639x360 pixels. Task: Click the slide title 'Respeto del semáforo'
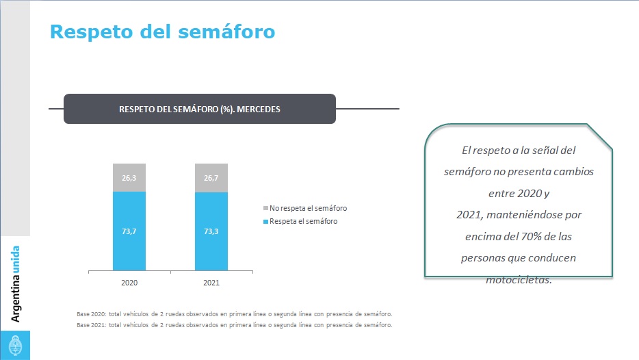tap(162, 31)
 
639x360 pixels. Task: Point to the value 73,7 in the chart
tap(129, 231)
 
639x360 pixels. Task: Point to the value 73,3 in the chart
tap(211, 231)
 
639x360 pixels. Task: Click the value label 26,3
tap(129, 178)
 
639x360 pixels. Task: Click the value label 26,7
tap(211, 178)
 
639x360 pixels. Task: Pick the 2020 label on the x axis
tap(129, 282)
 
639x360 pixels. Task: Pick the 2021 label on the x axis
tap(211, 282)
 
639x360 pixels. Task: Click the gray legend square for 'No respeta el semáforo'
tap(265, 208)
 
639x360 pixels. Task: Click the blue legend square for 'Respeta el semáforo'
tap(265, 221)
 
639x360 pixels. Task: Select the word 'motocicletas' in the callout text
tap(518, 279)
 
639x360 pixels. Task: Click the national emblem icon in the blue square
tap(15, 344)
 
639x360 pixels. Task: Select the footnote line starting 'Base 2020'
tap(234, 313)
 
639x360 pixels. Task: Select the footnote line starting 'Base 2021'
tap(234, 325)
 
